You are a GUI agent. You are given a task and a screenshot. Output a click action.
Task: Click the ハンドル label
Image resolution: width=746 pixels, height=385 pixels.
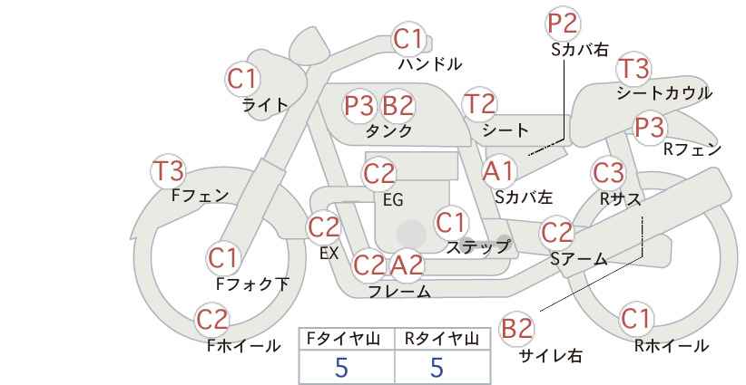point(430,64)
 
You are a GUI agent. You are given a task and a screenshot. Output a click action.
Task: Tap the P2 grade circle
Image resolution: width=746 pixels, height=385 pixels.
point(562,24)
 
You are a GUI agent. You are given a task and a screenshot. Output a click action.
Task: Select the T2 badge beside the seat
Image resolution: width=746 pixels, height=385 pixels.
point(479,104)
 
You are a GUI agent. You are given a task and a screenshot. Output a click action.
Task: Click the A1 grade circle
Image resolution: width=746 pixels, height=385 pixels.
point(498,171)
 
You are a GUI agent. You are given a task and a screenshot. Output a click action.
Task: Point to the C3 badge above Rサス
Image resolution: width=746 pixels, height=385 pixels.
point(608,173)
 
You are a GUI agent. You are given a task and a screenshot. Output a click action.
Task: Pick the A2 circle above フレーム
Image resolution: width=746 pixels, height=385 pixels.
point(407,265)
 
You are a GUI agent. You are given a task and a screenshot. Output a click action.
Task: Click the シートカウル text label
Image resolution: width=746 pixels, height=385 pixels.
point(664,93)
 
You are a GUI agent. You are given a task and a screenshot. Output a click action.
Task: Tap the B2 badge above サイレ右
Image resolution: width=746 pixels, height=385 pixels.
point(516,329)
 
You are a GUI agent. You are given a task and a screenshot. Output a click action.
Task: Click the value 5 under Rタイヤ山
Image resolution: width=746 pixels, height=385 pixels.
point(437,367)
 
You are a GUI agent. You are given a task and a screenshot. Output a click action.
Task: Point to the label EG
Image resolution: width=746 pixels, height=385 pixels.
point(393,200)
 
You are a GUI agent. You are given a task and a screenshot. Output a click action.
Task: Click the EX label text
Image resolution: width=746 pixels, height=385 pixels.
point(329,254)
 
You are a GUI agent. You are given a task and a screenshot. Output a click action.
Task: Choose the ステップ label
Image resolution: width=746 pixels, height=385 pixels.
point(477,248)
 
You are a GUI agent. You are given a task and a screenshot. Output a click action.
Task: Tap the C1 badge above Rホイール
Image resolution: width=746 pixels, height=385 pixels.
point(635,319)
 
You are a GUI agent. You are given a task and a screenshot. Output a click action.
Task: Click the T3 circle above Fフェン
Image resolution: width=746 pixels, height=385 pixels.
point(168,171)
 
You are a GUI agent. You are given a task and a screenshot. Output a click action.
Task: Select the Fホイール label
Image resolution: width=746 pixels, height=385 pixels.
point(243,346)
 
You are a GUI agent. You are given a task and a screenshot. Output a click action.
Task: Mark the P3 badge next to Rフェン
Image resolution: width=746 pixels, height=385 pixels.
point(650,127)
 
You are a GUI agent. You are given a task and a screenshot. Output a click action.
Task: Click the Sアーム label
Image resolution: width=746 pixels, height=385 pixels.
point(579,259)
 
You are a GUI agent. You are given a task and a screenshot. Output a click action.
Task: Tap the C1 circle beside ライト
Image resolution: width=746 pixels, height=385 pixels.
point(242,79)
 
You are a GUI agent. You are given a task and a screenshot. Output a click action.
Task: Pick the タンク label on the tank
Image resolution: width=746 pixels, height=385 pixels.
point(388,131)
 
